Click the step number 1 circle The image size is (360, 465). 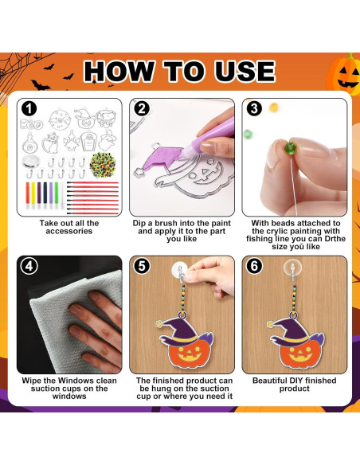pos(29,109)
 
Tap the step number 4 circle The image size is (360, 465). pos(29,266)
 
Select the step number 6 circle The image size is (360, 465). pos(254,266)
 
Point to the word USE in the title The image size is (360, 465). pos(245,71)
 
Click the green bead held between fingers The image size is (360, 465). pos(288,148)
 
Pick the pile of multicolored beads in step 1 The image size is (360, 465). pos(103,165)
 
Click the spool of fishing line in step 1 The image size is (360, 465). pos(31,162)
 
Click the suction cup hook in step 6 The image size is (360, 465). pos(292,270)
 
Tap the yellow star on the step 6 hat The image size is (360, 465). pos(270,324)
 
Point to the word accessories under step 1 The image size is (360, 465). pos(69,231)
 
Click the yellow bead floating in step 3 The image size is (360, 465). pos(274,107)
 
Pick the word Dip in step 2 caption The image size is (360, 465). pos(139,223)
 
